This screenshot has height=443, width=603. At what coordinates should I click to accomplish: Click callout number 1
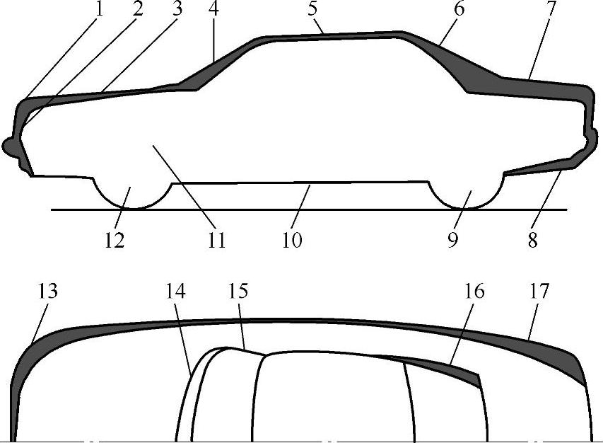(99, 8)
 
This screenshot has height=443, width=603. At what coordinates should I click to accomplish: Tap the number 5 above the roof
(312, 8)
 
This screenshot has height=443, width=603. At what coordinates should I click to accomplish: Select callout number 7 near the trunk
(551, 8)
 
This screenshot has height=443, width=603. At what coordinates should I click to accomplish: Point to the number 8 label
(532, 240)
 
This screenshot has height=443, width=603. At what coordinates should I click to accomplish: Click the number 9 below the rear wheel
(453, 240)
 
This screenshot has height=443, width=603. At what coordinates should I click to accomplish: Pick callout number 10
(292, 240)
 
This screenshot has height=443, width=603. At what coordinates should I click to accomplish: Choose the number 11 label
(216, 240)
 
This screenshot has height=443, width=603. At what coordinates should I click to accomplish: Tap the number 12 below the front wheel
(115, 240)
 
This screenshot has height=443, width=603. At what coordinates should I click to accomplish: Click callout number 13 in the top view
(47, 291)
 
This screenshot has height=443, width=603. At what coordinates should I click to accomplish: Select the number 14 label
(175, 291)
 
